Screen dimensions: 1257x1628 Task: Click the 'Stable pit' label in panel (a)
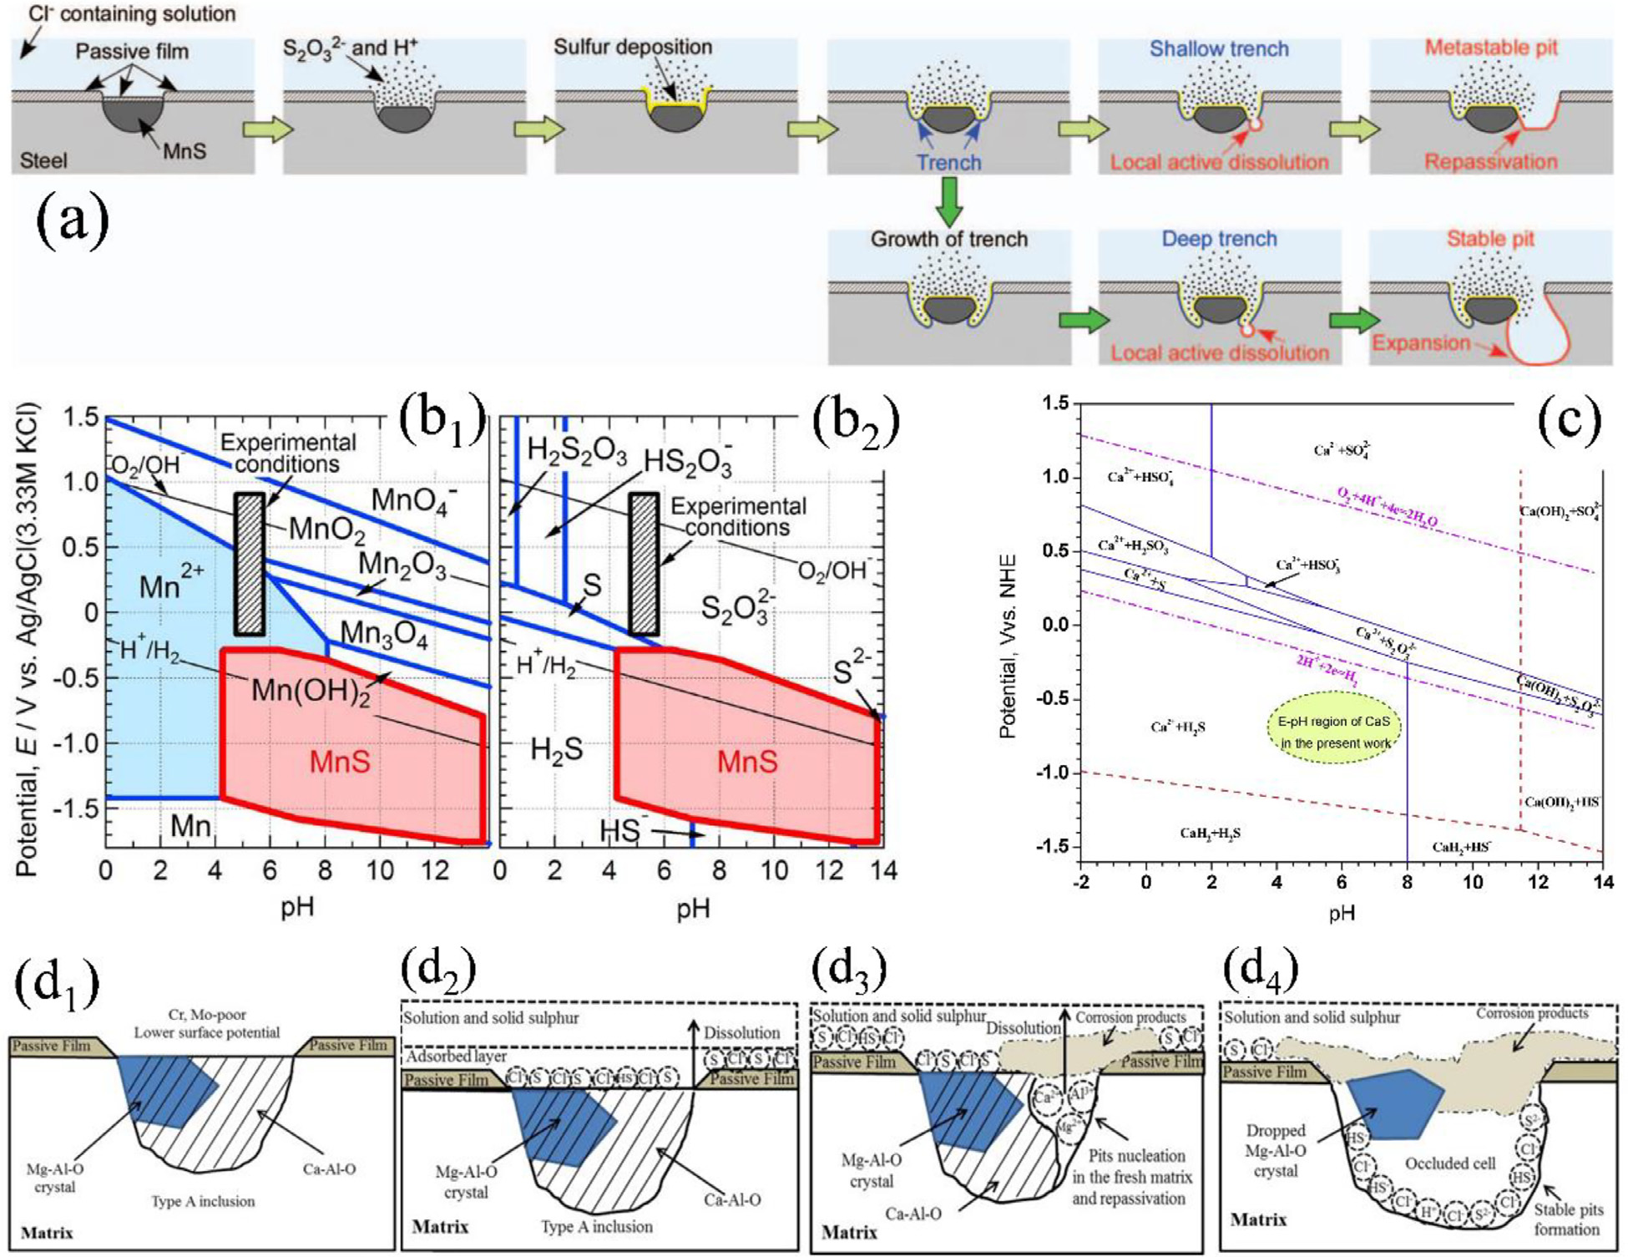click(x=1490, y=239)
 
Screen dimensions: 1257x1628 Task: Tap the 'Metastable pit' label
click(x=1491, y=48)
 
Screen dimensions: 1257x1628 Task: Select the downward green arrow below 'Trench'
click(x=948, y=201)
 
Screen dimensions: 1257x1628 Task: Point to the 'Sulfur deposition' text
click(x=633, y=47)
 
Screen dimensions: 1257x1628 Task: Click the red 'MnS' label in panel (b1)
click(x=340, y=762)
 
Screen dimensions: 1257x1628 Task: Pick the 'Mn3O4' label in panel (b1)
click(x=384, y=634)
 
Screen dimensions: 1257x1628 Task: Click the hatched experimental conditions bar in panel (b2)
click(x=644, y=564)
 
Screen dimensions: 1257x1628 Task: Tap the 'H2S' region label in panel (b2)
click(x=557, y=750)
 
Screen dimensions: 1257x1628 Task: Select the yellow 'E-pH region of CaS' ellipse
click(x=1334, y=732)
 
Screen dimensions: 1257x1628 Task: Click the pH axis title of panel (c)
click(x=1341, y=913)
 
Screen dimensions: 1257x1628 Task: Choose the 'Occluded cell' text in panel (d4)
click(x=1450, y=1163)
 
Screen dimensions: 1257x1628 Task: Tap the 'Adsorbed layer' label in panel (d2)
click(x=457, y=1056)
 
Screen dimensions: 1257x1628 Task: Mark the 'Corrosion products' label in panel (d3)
click(x=1130, y=1017)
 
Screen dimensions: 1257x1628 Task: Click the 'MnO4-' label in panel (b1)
click(x=414, y=500)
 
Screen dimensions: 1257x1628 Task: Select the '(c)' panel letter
click(x=1569, y=420)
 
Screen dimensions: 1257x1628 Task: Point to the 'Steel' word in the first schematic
click(x=43, y=160)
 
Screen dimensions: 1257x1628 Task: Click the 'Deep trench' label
click(x=1219, y=239)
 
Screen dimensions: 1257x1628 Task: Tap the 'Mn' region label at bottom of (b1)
click(x=190, y=826)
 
